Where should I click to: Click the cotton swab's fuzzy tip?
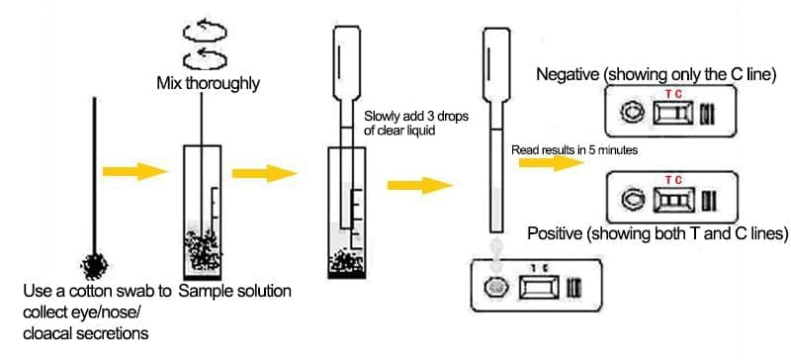(94, 267)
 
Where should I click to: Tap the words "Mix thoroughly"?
(209, 83)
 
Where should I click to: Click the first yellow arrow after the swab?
(134, 172)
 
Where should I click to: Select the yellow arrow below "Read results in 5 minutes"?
(552, 163)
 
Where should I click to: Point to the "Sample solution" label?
(235, 292)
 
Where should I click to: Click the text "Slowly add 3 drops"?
(416, 117)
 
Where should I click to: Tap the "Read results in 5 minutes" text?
(574, 150)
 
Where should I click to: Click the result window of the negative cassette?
(673, 113)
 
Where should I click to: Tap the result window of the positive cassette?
(674, 200)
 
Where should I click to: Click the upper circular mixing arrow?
(205, 32)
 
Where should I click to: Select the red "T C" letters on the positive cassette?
(673, 180)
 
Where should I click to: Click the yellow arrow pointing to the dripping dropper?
(419, 185)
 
